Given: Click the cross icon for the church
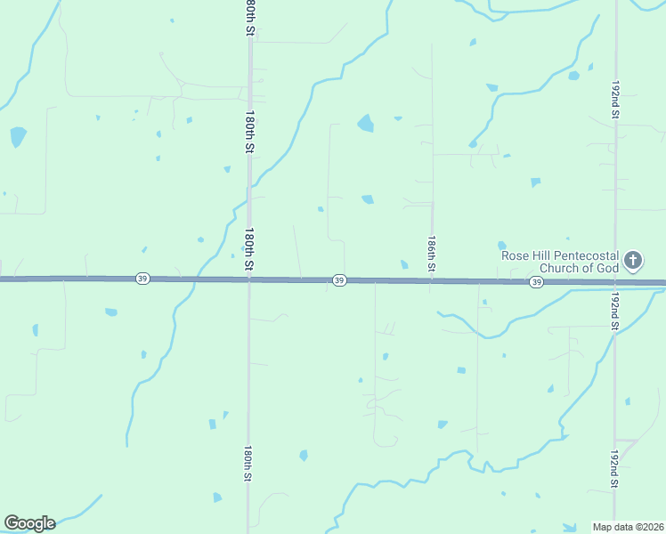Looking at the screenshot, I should [x=632, y=261].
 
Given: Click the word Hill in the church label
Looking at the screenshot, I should [x=543, y=255].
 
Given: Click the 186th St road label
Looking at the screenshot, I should [x=431, y=254].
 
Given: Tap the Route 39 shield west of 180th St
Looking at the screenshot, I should [x=142, y=279].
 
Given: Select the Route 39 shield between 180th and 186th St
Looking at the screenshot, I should [x=339, y=280].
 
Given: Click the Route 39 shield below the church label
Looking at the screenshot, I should [x=536, y=282].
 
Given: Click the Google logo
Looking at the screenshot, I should [x=28, y=523].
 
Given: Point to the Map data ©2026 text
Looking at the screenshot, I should [x=628, y=527].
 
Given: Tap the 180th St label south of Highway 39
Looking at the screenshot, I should [x=248, y=464].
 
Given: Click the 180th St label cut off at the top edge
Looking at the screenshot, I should [x=250, y=16].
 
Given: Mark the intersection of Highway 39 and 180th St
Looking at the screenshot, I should [x=249, y=279].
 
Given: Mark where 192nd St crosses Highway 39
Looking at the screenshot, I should [x=614, y=283].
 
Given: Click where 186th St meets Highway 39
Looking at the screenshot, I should [x=432, y=281].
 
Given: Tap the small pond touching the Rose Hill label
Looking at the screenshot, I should [x=502, y=246].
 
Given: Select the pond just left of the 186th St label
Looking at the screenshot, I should [x=404, y=263].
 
